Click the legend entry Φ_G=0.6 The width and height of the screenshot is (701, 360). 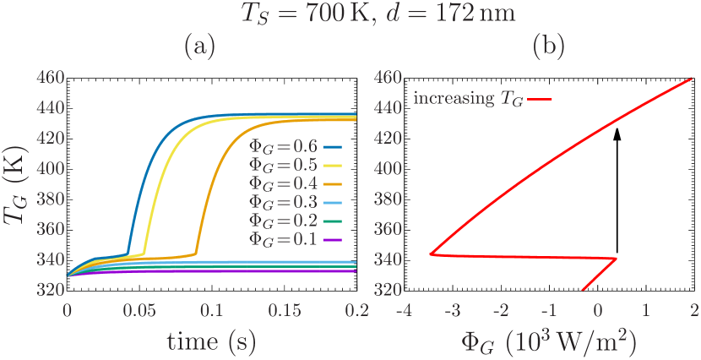tap(284, 146)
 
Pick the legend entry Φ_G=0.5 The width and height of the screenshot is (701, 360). tap(284, 165)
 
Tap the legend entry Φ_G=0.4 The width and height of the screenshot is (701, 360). tap(284, 183)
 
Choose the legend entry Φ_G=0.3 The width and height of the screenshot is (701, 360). tap(284, 202)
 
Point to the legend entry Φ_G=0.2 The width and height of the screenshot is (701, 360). tap(284, 221)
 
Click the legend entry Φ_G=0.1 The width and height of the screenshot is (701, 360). tap(284, 239)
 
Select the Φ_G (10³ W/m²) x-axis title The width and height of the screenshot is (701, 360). tap(548, 342)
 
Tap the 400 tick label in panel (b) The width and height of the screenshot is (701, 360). tap(386, 168)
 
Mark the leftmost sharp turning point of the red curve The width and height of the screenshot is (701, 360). tap(431, 254)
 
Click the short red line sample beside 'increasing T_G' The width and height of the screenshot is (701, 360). tap(540, 100)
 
